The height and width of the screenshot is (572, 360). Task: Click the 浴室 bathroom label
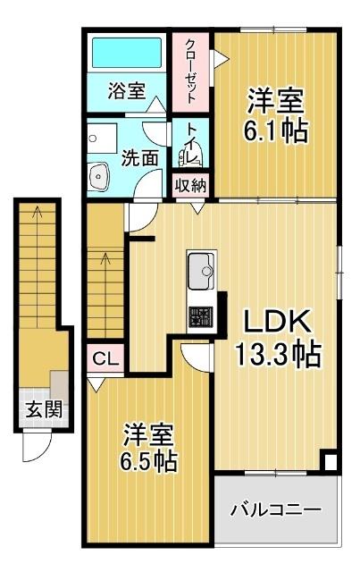(127, 92)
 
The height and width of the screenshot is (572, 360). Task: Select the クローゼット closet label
(191, 69)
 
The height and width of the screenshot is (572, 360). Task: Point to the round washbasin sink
(99, 177)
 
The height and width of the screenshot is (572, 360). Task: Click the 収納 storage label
(191, 187)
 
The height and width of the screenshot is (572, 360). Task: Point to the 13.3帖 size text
(277, 356)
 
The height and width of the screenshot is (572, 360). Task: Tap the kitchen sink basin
(201, 269)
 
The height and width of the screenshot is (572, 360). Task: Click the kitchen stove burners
(200, 315)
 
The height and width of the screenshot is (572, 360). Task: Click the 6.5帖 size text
(148, 462)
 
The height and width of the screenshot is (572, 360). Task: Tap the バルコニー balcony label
(275, 511)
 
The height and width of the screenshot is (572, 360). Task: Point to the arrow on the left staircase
(37, 214)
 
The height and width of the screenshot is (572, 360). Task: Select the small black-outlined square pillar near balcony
(329, 463)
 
